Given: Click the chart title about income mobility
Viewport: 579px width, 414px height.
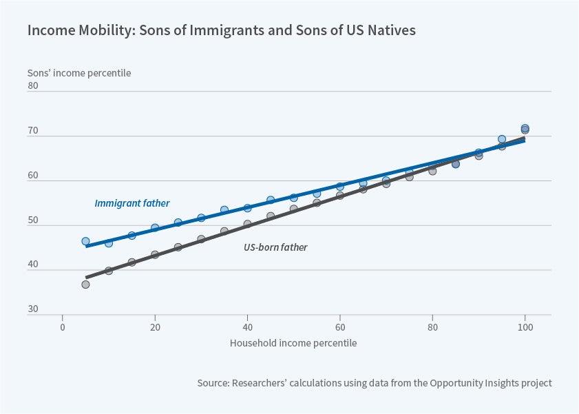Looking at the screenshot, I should pos(221,31).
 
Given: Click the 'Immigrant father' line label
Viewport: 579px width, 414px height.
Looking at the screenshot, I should pos(131,203).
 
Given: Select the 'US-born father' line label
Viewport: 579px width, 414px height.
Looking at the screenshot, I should pos(275,247).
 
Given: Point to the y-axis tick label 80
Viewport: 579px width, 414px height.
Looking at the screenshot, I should pos(33,87).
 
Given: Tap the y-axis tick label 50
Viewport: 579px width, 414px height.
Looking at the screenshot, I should pos(33,221).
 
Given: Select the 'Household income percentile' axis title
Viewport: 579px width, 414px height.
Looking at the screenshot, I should pos(293,342).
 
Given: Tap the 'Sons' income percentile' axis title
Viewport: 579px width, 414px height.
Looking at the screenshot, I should pos(78,72).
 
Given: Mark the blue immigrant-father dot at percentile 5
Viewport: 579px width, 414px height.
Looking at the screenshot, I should pos(85,241).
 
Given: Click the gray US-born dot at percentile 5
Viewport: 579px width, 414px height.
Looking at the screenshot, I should pos(85,284).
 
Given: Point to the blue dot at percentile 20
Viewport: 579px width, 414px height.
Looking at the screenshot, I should pos(155,228).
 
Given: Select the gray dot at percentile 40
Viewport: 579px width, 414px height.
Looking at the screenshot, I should pos(247,224).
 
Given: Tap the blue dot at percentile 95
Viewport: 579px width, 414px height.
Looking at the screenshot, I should pos(502,139).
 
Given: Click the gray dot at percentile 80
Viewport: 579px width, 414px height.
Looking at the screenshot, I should pos(432,171).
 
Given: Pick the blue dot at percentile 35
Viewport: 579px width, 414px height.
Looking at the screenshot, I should pos(224,209).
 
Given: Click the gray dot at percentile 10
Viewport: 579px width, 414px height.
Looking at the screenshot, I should pos(109,271).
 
